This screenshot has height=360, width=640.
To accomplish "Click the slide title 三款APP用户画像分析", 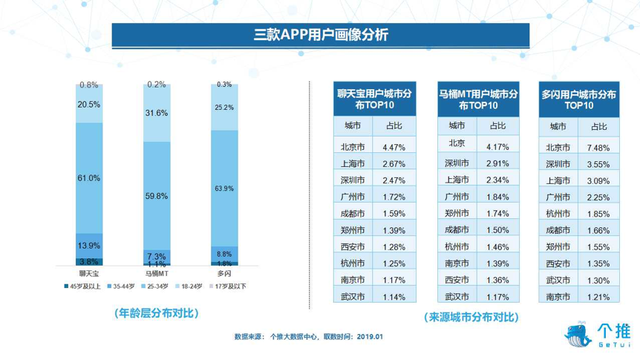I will pos(320,35).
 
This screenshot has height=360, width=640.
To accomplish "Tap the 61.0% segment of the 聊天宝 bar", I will pos(89,178).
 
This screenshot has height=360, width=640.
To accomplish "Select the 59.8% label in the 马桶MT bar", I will pos(157,196).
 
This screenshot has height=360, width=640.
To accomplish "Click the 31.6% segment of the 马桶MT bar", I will pos(157,113).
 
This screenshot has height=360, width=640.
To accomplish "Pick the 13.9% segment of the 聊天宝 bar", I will pos(89,245).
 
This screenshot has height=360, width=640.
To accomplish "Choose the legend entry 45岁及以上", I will pos(82,285).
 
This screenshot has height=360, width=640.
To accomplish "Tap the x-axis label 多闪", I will pos(225,274).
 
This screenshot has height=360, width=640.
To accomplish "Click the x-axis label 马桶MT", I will pos(157,274).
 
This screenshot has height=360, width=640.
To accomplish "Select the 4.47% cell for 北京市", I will pos(395,147).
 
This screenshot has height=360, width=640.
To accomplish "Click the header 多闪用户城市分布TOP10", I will pos(579,100).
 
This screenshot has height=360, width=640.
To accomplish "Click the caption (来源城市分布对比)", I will pos(472,317).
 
